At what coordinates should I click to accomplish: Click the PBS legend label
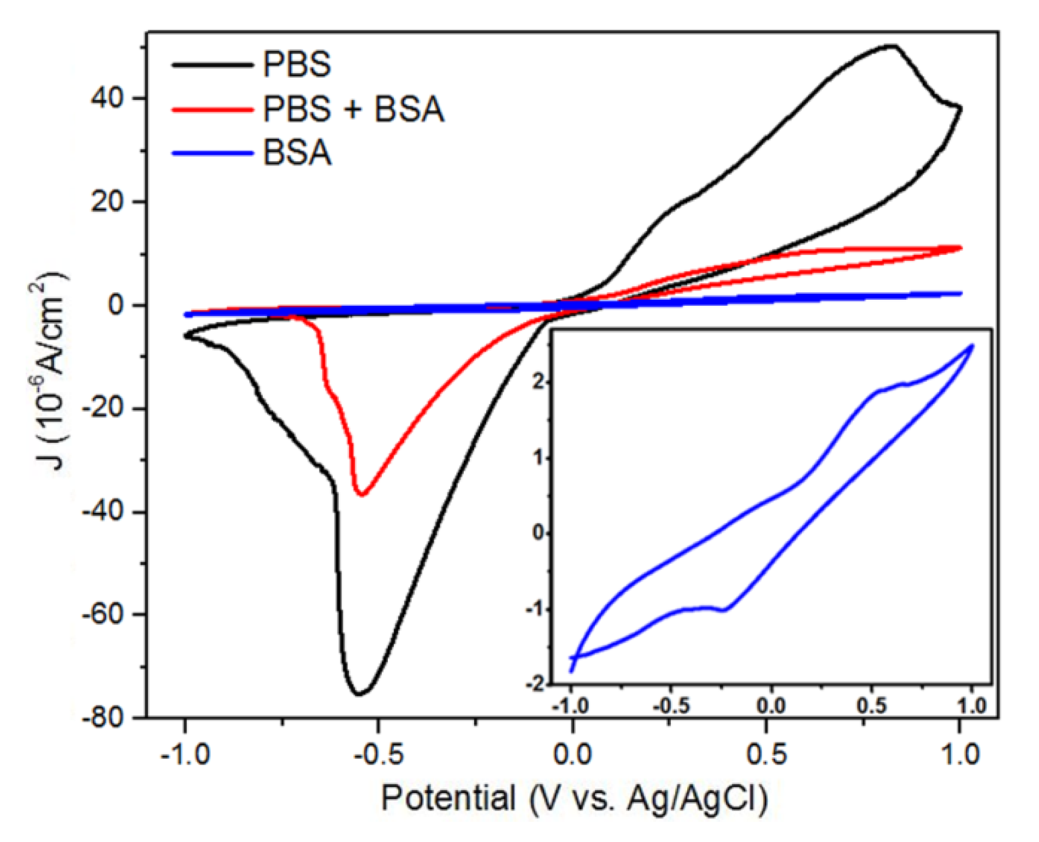coord(297,64)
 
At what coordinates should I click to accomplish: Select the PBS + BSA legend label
coord(353,109)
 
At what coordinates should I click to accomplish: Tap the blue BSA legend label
coord(297,153)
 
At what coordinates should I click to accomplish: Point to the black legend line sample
coord(212,64)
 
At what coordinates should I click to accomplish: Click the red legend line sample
coord(212,109)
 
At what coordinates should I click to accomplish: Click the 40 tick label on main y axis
coord(107,98)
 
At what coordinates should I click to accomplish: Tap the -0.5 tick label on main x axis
coord(379,755)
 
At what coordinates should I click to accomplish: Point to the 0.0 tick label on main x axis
coord(572,755)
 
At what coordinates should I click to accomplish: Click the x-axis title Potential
coord(448,798)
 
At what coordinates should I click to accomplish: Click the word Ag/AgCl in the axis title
coord(697,798)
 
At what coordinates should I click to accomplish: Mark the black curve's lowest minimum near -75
coord(359,694)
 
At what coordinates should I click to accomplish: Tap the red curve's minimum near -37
coord(361,494)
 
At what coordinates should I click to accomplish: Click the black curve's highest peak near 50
coord(890,46)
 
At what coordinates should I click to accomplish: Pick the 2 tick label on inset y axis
coord(540,381)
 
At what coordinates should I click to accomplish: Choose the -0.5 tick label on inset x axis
coord(671,706)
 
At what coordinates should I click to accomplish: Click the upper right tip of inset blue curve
coord(972,345)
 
